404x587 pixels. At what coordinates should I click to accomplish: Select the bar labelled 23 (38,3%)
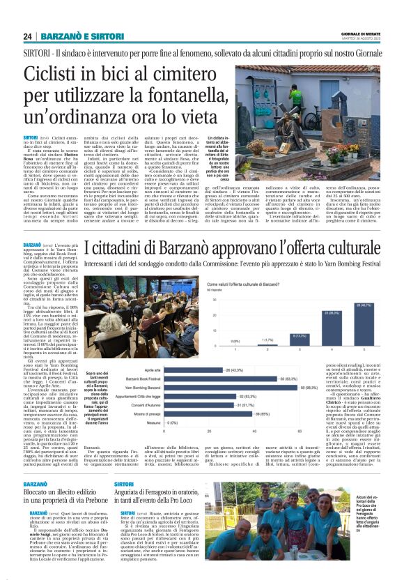332,306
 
